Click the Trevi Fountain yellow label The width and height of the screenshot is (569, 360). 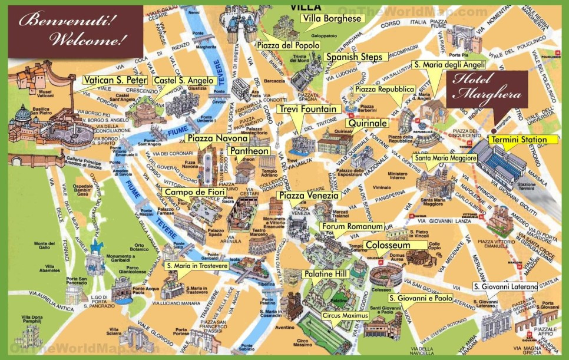[x=309, y=109]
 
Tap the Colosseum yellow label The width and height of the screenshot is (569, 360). [x=387, y=245]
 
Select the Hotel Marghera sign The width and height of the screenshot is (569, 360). [x=486, y=88]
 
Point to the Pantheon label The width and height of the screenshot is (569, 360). [x=249, y=151]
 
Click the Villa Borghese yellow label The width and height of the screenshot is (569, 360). [x=331, y=18]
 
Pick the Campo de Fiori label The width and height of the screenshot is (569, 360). [x=187, y=192]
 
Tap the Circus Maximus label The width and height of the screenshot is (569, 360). [x=345, y=316]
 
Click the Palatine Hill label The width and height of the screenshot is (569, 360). [x=325, y=274]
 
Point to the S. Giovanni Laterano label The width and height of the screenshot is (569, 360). [x=505, y=287]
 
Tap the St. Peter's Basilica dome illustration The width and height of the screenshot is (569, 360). [x=22, y=115]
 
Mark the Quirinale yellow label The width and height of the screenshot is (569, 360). [x=369, y=123]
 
